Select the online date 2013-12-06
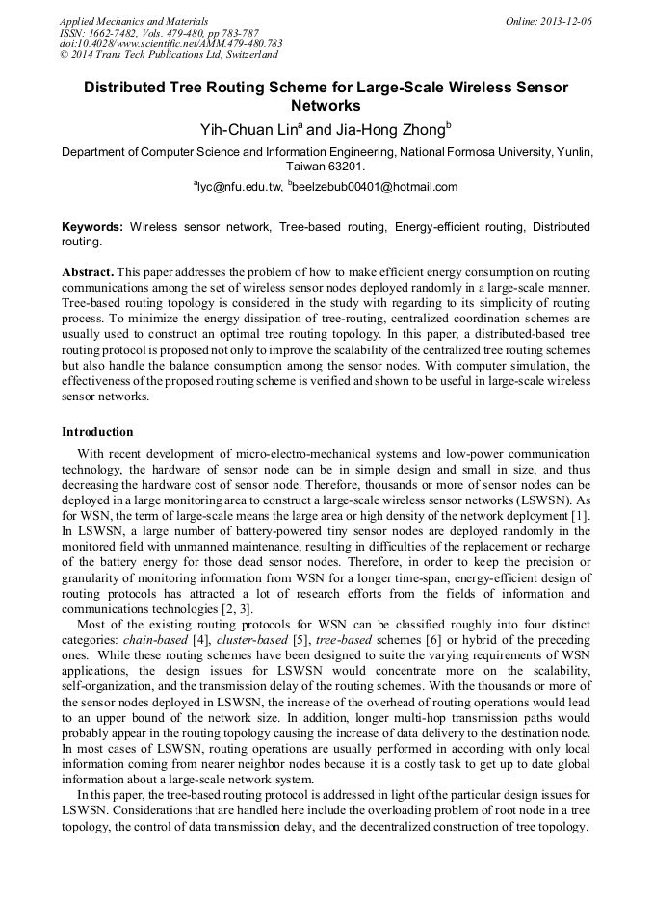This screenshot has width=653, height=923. pyautogui.click(x=567, y=21)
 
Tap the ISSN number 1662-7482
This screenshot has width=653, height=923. pyautogui.click(x=116, y=33)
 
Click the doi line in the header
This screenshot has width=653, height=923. pyautogui.click(x=170, y=44)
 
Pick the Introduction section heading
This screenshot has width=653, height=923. pyautogui.click(x=97, y=431)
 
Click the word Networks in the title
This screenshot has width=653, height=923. pyautogui.click(x=326, y=106)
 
